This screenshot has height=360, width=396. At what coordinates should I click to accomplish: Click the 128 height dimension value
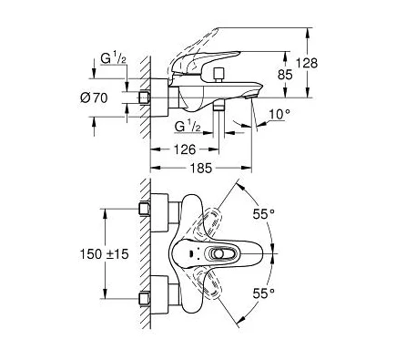click(x=307, y=63)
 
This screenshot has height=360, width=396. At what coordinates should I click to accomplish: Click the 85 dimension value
click(x=285, y=75)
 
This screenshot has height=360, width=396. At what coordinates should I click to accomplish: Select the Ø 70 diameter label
click(x=94, y=98)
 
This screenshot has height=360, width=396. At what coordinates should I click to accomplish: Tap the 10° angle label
click(x=279, y=114)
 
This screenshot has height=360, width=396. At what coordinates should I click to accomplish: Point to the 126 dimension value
click(x=185, y=149)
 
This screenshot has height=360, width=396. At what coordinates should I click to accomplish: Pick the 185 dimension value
click(x=201, y=168)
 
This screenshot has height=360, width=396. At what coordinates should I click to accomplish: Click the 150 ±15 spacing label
click(x=104, y=254)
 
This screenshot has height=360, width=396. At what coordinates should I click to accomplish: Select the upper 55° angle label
click(x=264, y=214)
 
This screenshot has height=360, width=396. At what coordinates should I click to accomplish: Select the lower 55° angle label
click(x=264, y=293)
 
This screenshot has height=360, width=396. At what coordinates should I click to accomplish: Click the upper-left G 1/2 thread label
click(x=114, y=58)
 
